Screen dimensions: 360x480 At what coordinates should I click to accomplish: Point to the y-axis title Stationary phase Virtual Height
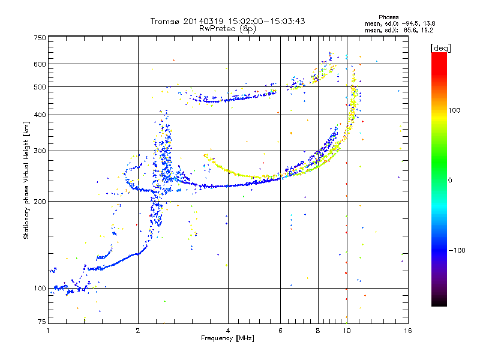coord(26,180)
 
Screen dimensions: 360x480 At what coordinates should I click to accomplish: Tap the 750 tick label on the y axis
coord(40,38)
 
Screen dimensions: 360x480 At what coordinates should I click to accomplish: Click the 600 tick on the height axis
coord(40,64)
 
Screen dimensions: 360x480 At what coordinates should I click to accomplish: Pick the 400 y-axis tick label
coord(40,115)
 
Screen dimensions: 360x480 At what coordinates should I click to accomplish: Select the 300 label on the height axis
coord(40,151)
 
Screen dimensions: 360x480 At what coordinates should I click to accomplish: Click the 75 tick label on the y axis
coord(41,323)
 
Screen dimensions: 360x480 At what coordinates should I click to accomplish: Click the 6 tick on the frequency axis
coord(280,330)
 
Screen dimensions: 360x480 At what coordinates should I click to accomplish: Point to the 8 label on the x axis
coord(318,330)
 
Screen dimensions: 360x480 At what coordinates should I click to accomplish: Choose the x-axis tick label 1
coord(48,330)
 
